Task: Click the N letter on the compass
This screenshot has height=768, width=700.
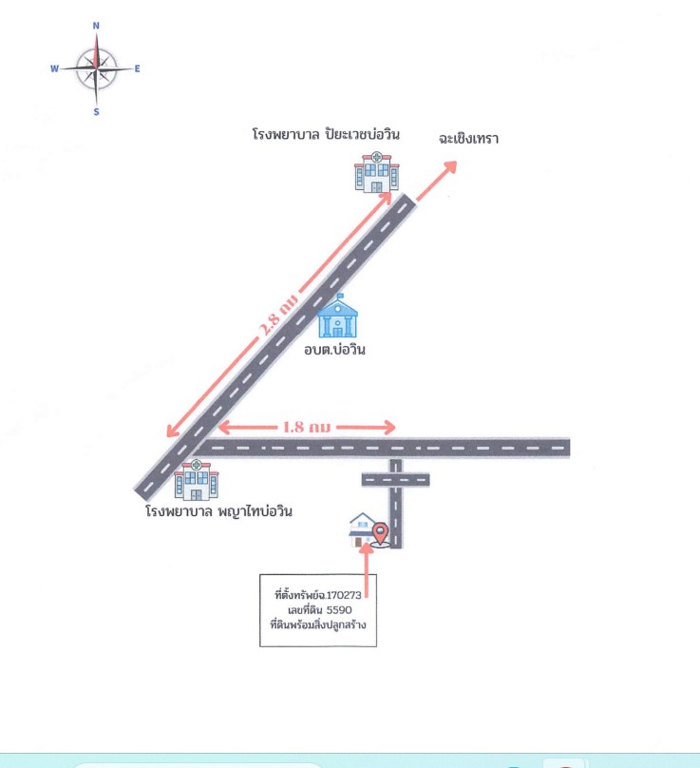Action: tap(96, 26)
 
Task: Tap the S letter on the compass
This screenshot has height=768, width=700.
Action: tap(97, 112)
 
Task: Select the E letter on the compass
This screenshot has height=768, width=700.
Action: tap(137, 68)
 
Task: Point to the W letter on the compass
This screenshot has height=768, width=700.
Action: tap(54, 68)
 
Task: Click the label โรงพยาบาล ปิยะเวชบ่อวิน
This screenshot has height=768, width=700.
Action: tap(326, 134)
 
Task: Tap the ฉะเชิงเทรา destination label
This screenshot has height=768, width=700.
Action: tap(468, 139)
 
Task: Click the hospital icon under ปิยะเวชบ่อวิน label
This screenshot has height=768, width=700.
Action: tap(376, 171)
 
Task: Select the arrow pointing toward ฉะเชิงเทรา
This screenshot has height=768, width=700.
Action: tap(436, 181)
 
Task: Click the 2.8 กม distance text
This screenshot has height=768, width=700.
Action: tap(278, 315)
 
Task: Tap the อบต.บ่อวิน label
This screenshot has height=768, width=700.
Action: tap(335, 349)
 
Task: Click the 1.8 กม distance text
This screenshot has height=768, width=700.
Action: tap(307, 427)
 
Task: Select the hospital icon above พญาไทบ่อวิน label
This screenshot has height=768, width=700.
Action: tap(197, 480)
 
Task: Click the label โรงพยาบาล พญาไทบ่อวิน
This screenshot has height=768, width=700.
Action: tap(218, 511)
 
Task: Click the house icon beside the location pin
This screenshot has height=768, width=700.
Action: tap(361, 529)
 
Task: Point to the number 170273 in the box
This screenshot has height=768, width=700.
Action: tap(344, 595)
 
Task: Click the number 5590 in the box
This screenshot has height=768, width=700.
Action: tap(339, 610)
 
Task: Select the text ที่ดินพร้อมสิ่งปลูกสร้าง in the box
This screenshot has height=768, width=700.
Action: tap(318, 625)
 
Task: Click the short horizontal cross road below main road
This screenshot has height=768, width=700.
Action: tap(395, 480)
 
